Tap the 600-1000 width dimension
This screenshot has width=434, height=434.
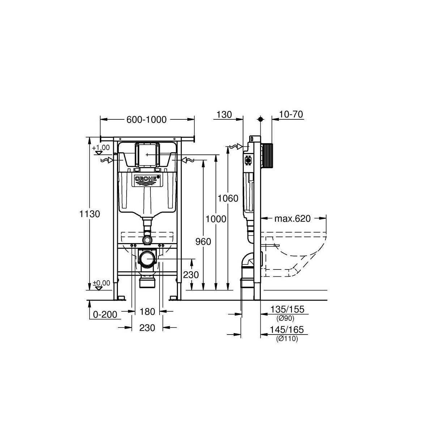(146, 120)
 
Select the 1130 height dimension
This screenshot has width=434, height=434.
(89, 214)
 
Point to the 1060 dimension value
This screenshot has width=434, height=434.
(228, 199)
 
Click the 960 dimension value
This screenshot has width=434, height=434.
(203, 242)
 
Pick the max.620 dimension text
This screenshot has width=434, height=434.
(292, 218)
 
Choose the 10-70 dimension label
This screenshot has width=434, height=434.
(291, 114)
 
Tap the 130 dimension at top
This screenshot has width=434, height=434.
(224, 115)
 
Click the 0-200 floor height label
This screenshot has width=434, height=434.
(105, 314)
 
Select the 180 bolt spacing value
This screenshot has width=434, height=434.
(148, 312)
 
